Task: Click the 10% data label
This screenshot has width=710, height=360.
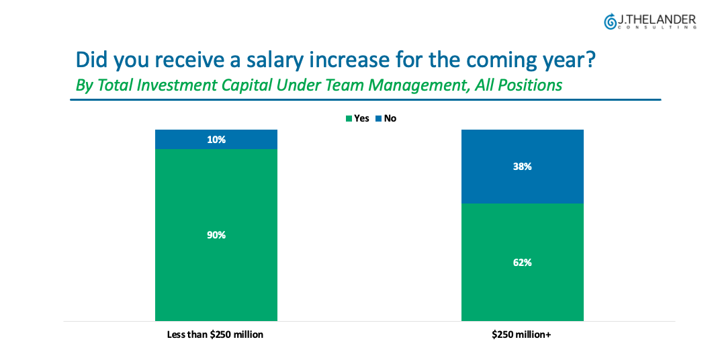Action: click(216, 140)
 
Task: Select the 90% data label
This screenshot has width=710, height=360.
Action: click(216, 235)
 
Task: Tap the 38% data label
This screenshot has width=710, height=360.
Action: click(522, 167)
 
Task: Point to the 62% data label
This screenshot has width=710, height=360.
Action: click(522, 263)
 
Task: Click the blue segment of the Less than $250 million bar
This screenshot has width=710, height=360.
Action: click(181, 139)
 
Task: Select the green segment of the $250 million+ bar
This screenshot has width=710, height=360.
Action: click(490, 282)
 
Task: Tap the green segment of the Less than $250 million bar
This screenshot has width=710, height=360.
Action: click(181, 282)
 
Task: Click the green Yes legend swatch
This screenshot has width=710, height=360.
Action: click(349, 119)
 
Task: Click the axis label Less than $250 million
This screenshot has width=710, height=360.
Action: click(215, 334)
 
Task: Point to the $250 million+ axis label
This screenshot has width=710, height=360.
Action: click(522, 334)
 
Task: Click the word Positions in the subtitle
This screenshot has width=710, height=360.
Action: click(531, 85)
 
